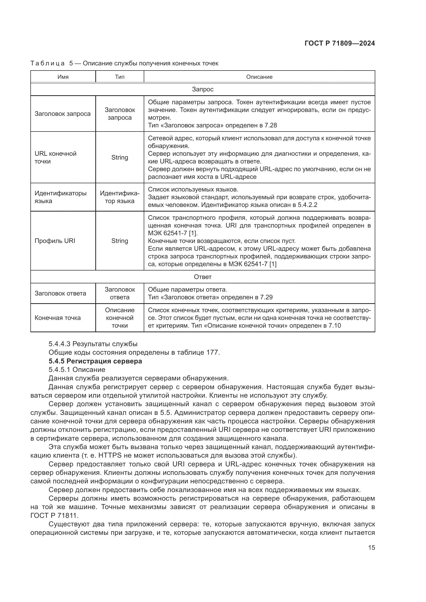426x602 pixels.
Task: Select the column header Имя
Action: pyautogui.click(x=63, y=77)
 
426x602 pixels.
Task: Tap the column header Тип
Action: pyautogui.click(x=120, y=77)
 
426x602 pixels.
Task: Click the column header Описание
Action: pyautogui.click(x=259, y=77)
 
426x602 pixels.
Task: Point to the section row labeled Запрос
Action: pyautogui.click(x=202, y=89)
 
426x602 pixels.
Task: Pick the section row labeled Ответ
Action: pyautogui.click(x=202, y=277)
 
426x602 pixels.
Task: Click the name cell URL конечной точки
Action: pyautogui.click(x=56, y=157)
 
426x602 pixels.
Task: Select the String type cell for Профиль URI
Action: pyautogui.click(x=120, y=241)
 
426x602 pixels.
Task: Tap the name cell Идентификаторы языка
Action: pyautogui.click(x=60, y=197)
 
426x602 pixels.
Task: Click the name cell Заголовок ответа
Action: pyautogui.click(x=60, y=293)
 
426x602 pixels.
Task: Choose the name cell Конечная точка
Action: pyautogui.click(x=58, y=318)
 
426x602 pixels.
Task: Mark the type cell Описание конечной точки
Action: pyautogui.click(x=120, y=318)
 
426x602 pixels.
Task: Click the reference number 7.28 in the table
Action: pyautogui.click(x=270, y=125)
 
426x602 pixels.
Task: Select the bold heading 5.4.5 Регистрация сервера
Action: pyautogui.click(x=95, y=361)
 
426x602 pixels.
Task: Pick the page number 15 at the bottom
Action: pyautogui.click(x=371, y=548)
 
